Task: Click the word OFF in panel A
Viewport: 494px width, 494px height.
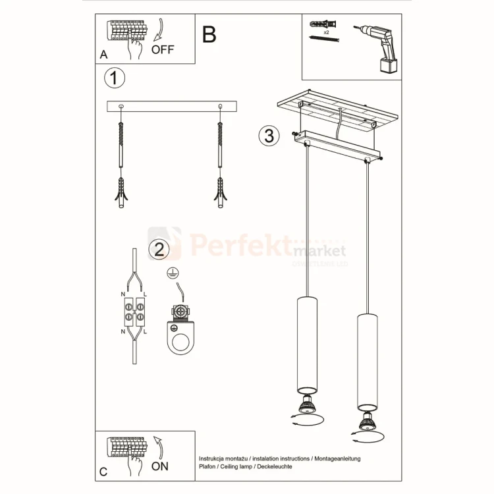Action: (x=163, y=49)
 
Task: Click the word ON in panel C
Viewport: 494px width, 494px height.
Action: (x=160, y=466)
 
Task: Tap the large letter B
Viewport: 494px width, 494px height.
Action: (x=209, y=34)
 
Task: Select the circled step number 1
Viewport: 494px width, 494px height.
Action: (x=115, y=78)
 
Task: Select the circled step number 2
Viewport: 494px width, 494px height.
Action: (x=158, y=249)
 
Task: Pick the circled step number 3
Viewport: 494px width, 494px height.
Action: (x=267, y=135)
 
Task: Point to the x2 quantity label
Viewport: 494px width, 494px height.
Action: (x=326, y=32)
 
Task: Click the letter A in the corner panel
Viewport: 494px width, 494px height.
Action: (x=103, y=55)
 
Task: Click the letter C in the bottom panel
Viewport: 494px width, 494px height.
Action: (x=103, y=472)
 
